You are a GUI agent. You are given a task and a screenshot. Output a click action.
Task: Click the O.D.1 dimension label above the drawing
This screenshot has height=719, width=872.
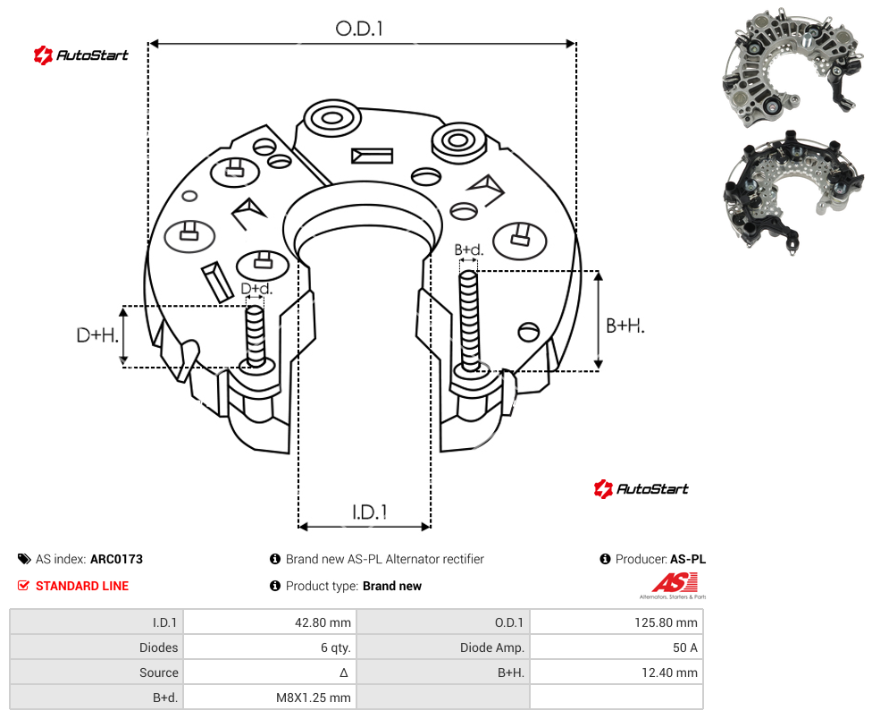pos(359,29)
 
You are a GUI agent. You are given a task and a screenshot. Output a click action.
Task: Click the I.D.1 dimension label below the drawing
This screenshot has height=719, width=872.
pos(370,512)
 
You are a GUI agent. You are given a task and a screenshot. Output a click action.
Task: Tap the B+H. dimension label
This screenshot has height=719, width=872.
pos(625,326)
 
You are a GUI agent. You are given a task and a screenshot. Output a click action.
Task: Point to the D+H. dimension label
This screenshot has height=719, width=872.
pos(97,335)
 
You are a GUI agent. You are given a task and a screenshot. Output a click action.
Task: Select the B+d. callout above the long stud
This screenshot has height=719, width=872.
pos(469,250)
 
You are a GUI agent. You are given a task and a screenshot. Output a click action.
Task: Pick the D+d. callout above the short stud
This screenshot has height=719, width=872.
pos(256,289)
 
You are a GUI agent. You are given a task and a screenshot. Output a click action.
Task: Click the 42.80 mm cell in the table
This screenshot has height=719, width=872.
pos(323,622)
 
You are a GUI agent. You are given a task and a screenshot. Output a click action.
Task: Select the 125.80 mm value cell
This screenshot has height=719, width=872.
pos(666,622)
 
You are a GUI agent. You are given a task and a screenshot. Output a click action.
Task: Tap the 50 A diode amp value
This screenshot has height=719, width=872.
pos(684,647)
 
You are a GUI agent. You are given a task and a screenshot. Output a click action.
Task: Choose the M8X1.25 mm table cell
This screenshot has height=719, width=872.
pos(313,698)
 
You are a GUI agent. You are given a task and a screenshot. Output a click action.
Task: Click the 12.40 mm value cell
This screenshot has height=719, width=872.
pos(669,672)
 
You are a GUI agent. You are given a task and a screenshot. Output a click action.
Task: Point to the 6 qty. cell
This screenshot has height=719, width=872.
pos(335,647)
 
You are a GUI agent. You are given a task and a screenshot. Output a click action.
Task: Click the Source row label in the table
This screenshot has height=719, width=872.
pos(158,672)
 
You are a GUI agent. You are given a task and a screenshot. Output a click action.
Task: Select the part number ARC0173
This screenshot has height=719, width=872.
pos(116,559)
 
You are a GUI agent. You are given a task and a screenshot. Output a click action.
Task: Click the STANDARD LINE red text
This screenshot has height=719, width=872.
pos(82,586)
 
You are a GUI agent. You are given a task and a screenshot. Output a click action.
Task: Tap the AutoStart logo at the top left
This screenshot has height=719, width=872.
pos(80,55)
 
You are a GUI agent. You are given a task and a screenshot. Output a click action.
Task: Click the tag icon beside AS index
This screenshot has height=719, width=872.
pos(24,559)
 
